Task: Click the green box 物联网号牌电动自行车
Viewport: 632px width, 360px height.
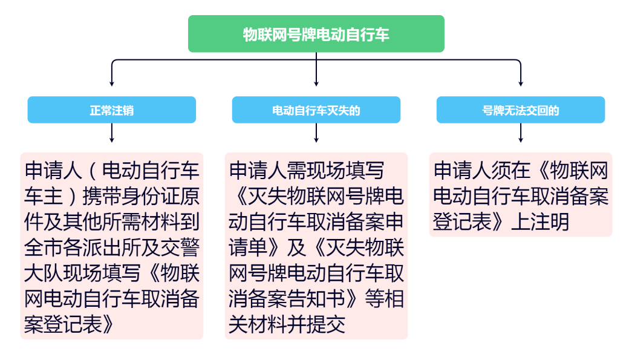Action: pyautogui.click(x=316, y=34)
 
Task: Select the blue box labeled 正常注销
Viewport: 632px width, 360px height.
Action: pyautogui.click(x=112, y=110)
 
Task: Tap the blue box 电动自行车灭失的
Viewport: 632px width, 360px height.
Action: pyautogui.click(x=316, y=110)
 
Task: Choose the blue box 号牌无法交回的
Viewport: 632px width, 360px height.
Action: pyautogui.click(x=520, y=110)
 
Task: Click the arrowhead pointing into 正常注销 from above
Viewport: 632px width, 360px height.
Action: pyautogui.click(x=112, y=82)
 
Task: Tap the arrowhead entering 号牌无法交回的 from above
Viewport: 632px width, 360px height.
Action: pyautogui.click(x=520, y=82)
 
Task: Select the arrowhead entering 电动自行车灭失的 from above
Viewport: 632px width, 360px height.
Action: pyautogui.click(x=316, y=82)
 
